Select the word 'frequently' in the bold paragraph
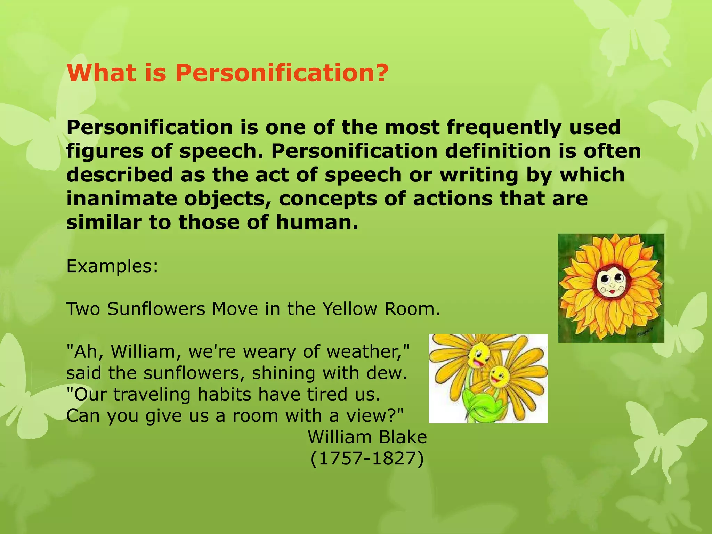coord(503,127)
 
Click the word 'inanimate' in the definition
coord(121,199)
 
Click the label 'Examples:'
coord(112,267)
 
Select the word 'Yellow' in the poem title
coord(349,309)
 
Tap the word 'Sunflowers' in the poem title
coord(156,309)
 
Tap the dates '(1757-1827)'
coord(367,459)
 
